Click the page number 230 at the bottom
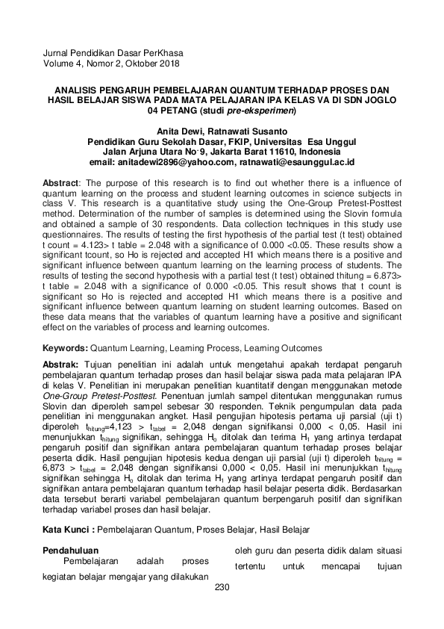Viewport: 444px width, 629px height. pos(222,587)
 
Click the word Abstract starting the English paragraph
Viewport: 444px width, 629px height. pos(61,182)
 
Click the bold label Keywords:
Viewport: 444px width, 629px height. pos(65,347)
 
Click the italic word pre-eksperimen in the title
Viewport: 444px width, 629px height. pos(263,110)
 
